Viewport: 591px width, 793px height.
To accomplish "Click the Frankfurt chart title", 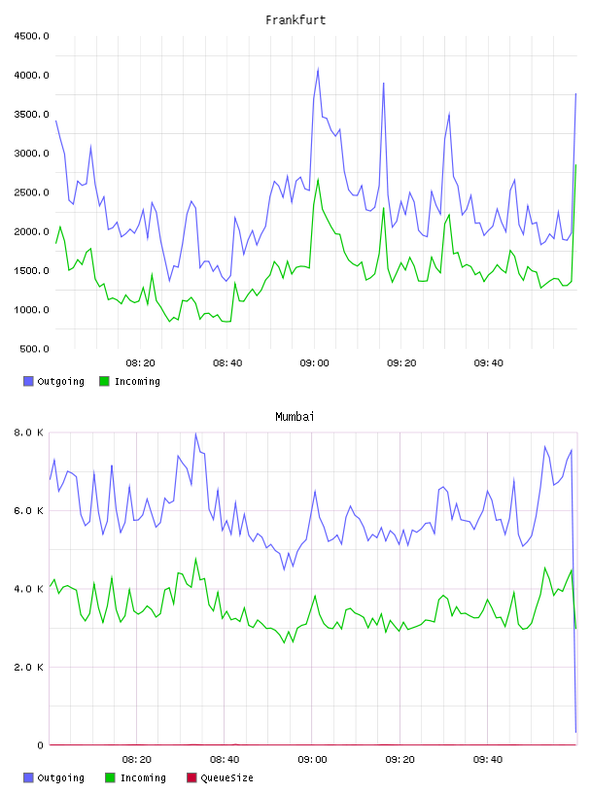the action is coord(295,20).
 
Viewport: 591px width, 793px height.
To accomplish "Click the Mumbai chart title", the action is coord(295,417).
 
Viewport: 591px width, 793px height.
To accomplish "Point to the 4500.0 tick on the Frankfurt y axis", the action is coord(31,36).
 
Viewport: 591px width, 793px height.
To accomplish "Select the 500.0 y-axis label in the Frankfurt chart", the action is coord(34,349).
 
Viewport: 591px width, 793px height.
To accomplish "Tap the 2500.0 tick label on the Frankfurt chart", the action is coord(31,192).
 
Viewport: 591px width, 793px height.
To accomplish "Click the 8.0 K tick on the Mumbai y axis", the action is coord(29,432).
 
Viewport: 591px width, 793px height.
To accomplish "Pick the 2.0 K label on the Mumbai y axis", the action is coord(29,667).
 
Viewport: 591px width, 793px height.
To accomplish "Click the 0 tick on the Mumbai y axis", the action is coord(41,745).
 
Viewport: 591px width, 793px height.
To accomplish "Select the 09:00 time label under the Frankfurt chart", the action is coord(314,363).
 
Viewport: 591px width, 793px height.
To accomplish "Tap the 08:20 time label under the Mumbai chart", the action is coord(137,760).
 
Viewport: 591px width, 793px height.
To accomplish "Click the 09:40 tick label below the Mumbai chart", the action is coord(488,760).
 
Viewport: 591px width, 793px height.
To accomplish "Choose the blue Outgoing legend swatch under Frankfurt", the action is coord(28,381).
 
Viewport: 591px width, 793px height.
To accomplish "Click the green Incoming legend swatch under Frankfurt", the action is coord(104,381).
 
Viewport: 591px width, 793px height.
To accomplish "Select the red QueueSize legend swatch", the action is coord(191,777).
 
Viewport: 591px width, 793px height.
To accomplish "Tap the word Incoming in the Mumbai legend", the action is coord(143,777).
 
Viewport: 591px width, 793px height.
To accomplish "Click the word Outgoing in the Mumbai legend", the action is coord(60,777).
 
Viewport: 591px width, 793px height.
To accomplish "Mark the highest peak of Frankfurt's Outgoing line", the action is coord(318,69).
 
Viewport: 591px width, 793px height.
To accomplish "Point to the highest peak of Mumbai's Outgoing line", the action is coord(195,433).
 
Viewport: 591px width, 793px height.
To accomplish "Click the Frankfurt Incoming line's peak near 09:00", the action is coord(318,179).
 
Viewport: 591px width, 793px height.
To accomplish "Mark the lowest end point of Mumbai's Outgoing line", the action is coord(575,732).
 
